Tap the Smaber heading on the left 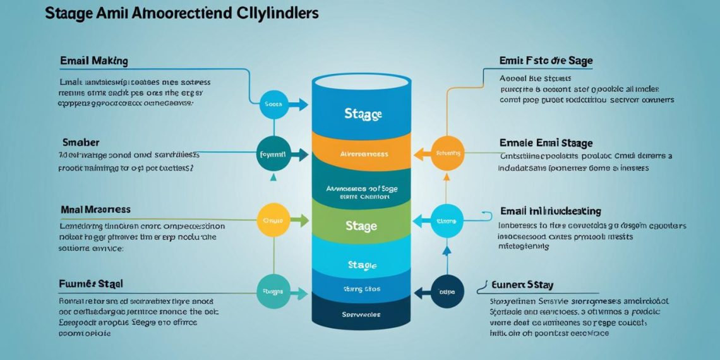[81, 142]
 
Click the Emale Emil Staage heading [546, 143]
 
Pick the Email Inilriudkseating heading [550, 211]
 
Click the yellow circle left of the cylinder [273, 221]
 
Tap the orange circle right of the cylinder [447, 152]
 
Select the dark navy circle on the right [447, 292]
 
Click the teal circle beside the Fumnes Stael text [273, 291]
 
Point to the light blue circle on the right [447, 221]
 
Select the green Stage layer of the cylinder [361, 225]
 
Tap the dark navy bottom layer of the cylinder [361, 314]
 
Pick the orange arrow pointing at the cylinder [419, 152]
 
